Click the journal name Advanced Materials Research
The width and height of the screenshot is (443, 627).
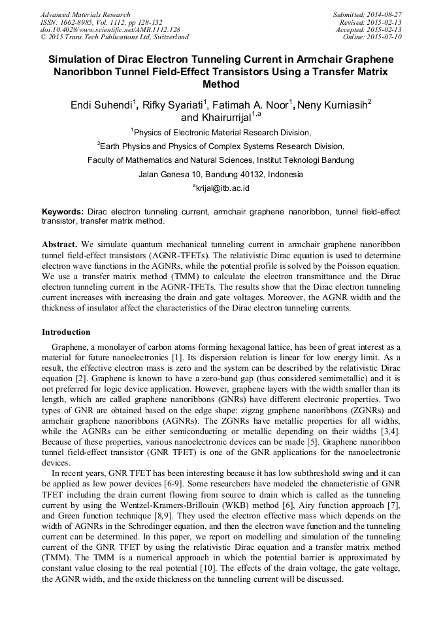85,14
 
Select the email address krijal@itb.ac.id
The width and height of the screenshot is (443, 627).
223,188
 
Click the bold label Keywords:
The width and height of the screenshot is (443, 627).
63,212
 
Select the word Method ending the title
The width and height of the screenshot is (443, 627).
222,84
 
